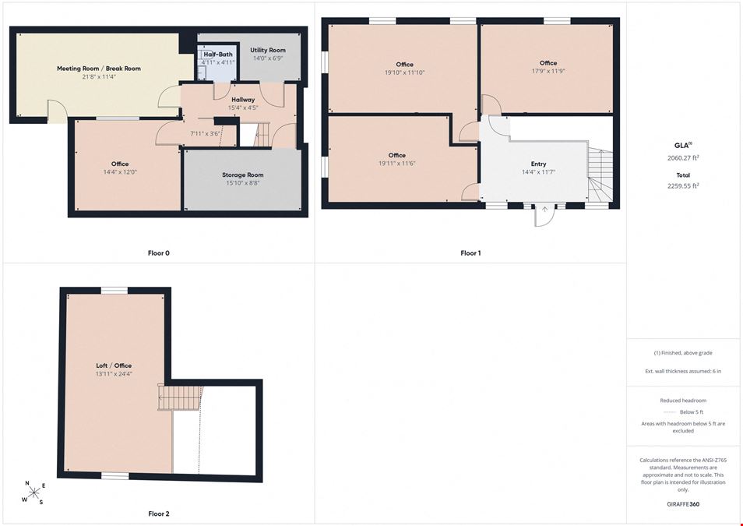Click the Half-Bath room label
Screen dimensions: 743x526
[218, 54]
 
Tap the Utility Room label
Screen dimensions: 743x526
[268, 50]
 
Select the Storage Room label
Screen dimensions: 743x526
[243, 175]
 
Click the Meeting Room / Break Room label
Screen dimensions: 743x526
[99, 69]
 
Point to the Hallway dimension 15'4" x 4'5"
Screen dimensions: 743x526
[243, 108]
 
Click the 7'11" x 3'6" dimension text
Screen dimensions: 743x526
[205, 134]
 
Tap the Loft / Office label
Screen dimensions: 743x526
[114, 365]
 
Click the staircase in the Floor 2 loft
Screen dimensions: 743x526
[180, 397]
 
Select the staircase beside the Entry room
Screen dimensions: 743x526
[600, 175]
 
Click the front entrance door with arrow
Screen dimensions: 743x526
[544, 216]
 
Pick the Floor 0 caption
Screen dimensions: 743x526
[158, 253]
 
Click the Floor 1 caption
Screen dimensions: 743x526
[470, 253]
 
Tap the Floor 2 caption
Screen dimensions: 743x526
[159, 514]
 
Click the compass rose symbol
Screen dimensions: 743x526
[34, 493]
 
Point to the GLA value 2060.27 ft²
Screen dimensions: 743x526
[683, 158]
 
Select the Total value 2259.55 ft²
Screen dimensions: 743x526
[683, 186]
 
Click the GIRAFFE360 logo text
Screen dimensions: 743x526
[683, 503]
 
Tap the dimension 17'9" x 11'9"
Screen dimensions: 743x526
[548, 71]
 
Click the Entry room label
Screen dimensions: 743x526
[538, 164]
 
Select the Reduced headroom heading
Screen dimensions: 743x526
[683, 401]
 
